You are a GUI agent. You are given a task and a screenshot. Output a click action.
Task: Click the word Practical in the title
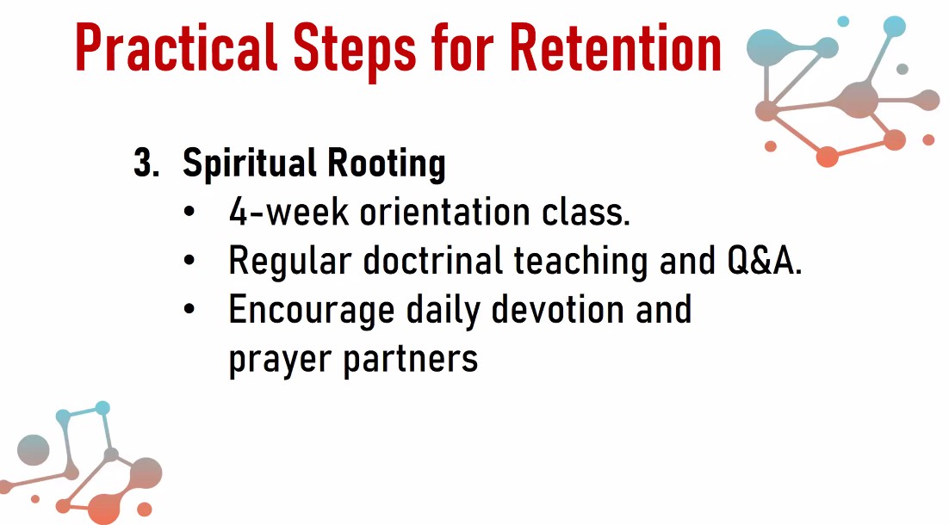coord(177,47)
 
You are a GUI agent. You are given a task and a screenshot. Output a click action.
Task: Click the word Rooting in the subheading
coord(386,164)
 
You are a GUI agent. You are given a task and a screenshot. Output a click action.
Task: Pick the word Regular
coord(290,262)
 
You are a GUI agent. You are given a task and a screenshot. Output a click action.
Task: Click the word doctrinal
coord(433,260)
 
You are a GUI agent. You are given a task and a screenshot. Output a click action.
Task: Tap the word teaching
coord(580,262)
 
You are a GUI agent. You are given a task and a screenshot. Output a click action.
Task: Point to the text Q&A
coord(765,261)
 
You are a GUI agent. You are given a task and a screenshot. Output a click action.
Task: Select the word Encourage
coord(311,311)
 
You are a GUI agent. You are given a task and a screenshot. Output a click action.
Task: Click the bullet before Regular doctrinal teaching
coord(189,261)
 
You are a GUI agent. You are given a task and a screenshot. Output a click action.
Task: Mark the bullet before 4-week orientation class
coord(189,213)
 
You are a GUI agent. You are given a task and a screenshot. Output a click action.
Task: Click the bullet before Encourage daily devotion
coord(189,309)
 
